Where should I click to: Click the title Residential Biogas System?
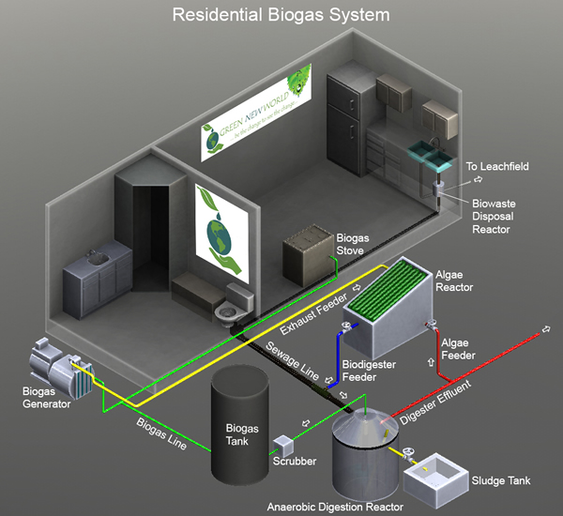coord(281,16)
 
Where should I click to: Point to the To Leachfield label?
coord(497,167)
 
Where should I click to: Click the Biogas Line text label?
coord(159,433)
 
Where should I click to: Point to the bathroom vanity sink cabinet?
coord(96,272)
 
